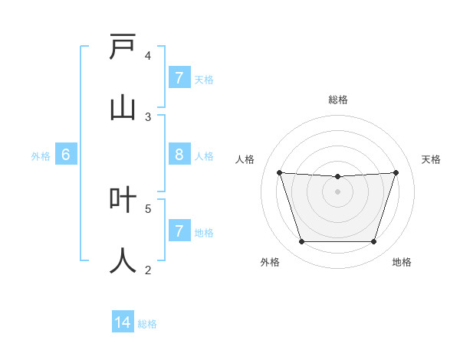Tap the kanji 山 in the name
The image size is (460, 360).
[123, 108]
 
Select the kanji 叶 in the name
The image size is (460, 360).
[123, 200]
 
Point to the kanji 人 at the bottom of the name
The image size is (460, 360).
[123, 260]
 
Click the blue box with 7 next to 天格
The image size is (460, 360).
[179, 78]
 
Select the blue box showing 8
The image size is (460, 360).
[179, 155]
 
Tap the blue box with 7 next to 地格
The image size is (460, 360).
[179, 231]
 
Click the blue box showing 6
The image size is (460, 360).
[66, 155]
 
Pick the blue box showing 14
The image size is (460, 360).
[123, 323]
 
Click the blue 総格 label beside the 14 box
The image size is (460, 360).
[147, 324]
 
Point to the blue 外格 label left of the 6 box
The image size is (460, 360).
[41, 156]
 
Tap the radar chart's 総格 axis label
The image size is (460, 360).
[338, 100]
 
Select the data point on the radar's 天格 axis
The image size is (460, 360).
[396, 172]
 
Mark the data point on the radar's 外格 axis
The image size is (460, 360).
[301, 242]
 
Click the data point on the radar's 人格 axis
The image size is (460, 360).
[279, 172]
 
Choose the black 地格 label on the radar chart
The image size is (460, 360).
[402, 262]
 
